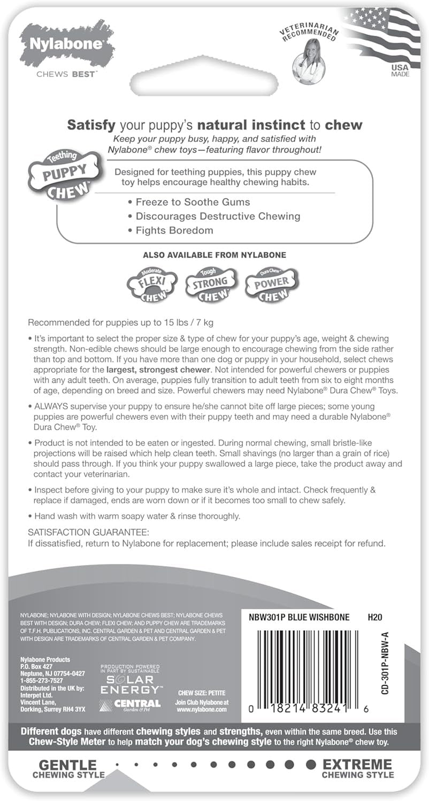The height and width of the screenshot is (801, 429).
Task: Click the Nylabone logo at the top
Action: (66, 44)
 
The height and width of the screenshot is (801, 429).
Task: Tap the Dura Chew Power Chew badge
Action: (271, 282)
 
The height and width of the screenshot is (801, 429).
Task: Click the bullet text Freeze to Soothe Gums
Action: (189, 202)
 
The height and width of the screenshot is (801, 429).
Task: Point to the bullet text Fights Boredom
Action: (170, 231)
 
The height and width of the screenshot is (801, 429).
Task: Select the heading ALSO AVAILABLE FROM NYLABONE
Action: (214, 255)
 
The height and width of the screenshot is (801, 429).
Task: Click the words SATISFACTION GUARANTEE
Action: (88, 532)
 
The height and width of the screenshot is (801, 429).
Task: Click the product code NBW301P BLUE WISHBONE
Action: (299, 617)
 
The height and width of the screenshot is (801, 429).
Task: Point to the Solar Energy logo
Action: (131, 680)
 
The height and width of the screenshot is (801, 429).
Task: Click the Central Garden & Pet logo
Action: (131, 704)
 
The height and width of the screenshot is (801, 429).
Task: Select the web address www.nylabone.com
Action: (202, 710)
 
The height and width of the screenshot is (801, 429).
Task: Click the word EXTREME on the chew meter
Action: (357, 764)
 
